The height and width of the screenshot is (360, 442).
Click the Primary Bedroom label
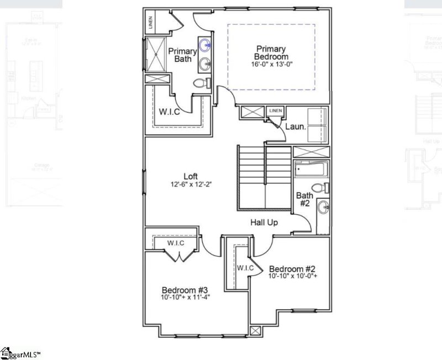271,52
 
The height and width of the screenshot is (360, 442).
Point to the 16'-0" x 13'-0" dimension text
271,64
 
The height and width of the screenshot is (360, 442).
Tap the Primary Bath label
182,55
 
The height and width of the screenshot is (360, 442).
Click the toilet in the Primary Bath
203,83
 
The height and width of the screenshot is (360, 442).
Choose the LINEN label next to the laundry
275,112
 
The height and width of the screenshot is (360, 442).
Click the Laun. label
296,126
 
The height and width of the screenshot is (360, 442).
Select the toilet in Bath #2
319,188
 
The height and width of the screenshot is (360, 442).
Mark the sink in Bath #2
324,208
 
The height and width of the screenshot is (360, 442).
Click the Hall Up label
264,223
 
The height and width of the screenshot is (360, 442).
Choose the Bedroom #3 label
185,290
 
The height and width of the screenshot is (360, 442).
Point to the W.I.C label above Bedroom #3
176,243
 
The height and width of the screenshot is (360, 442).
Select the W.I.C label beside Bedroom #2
245,268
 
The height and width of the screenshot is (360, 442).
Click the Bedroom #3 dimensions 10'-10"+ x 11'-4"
185,298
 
